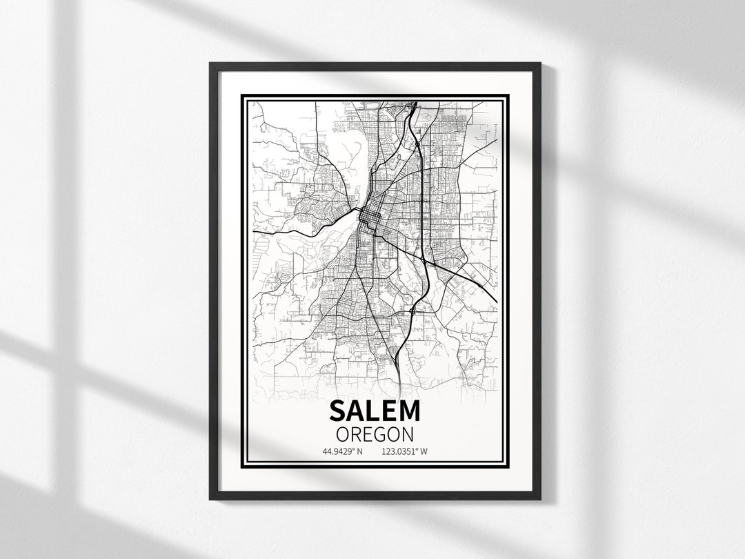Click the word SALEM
[x=375, y=411]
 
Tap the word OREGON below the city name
[x=375, y=434]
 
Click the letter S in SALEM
[x=337, y=411]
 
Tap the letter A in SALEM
[x=354, y=411]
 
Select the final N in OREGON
[x=408, y=434]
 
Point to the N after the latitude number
[x=359, y=452]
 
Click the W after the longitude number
[x=424, y=452]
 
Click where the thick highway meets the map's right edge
[x=496, y=301]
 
